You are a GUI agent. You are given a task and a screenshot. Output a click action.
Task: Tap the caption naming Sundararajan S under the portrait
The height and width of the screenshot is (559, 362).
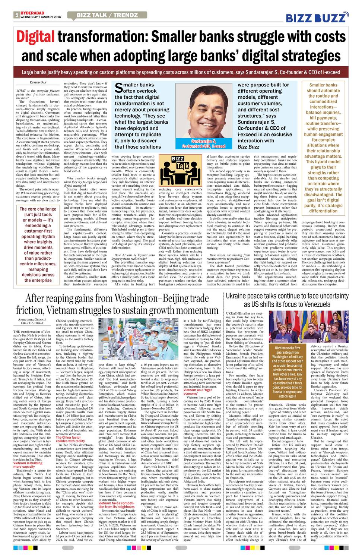click(203, 144)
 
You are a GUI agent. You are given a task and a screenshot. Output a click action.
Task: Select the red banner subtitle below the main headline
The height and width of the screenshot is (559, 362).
click(181, 72)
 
